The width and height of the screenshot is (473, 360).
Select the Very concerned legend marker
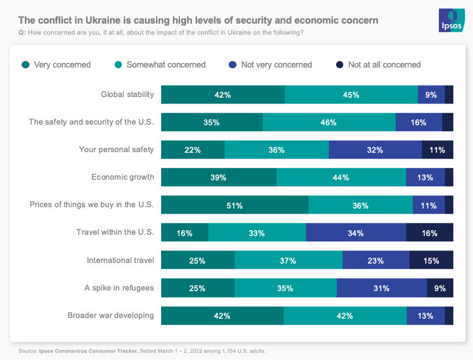[x=26, y=65]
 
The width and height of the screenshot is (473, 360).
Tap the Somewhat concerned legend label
[x=166, y=65]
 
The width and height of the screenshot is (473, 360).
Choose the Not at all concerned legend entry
[x=384, y=65]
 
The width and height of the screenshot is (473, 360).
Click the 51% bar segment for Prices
[x=235, y=205]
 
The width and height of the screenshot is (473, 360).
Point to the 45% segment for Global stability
[x=351, y=94]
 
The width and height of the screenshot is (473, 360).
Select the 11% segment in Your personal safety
[x=437, y=150]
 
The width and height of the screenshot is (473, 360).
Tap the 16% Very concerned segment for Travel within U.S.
[x=185, y=233]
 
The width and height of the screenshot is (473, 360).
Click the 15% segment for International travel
[x=431, y=260]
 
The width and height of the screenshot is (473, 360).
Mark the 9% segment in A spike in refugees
[x=440, y=288]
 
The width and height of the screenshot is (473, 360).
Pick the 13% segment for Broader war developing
[x=425, y=315]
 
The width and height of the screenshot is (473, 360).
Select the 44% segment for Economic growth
[x=341, y=177]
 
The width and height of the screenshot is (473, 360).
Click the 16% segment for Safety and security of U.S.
[x=419, y=122]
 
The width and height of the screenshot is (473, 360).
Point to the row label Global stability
[x=127, y=94]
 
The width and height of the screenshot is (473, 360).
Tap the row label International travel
[x=121, y=260]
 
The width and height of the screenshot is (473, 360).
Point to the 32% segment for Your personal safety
[x=375, y=150]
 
